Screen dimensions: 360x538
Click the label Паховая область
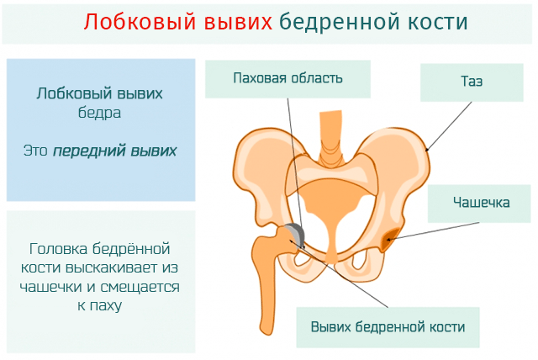(x=287, y=80)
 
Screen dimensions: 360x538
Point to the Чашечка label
(x=480, y=202)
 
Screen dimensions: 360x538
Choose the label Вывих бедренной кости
(x=388, y=326)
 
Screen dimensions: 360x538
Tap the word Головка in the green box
(x=58, y=249)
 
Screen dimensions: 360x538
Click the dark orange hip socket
(x=389, y=242)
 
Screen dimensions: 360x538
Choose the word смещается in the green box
(x=142, y=286)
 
